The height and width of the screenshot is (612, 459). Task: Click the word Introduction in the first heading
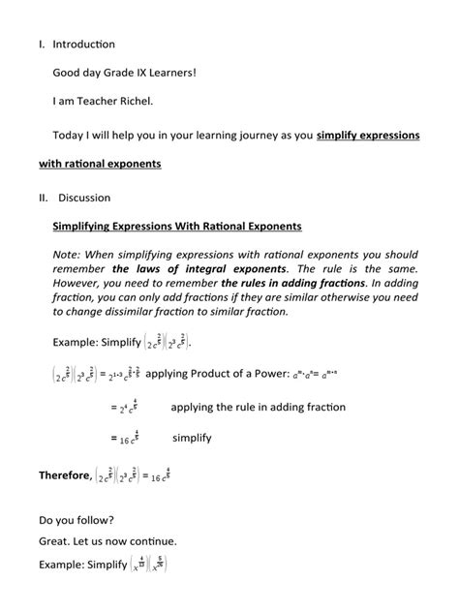tap(83, 45)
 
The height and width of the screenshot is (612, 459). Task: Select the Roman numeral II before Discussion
tap(44, 199)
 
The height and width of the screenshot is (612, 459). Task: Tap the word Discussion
tap(84, 199)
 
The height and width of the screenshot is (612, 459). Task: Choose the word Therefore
tap(65, 475)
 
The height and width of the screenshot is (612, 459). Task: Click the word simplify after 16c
tap(192, 438)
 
